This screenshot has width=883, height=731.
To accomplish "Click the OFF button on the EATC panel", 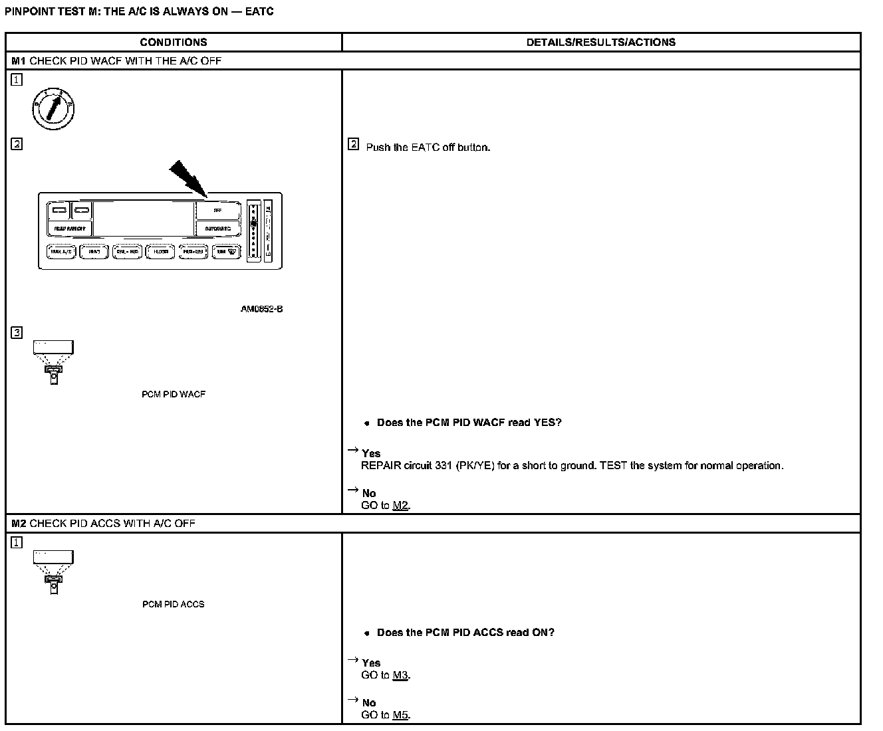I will click(217, 211).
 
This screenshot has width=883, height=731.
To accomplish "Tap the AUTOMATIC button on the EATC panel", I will click(217, 229).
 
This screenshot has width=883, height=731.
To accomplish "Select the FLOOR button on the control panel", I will click(160, 252).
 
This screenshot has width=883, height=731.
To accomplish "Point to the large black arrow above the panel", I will click(188, 178).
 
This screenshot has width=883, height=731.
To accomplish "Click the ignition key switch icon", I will click(53, 108).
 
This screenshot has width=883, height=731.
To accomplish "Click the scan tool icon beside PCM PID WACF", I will click(53, 362).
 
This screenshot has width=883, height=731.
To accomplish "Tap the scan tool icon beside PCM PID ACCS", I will click(53, 572).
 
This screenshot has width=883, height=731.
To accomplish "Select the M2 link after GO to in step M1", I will click(400, 505).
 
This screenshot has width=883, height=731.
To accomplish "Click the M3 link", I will click(400, 675).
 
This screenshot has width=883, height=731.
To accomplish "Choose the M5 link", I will click(400, 715).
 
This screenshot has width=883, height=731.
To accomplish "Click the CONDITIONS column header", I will click(174, 43).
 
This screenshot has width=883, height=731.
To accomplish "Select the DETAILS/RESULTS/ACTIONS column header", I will click(600, 43).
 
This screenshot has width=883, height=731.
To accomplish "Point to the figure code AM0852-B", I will click(261, 309).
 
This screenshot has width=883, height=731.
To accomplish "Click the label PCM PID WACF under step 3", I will click(174, 394).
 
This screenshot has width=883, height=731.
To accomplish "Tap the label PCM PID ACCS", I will click(174, 604).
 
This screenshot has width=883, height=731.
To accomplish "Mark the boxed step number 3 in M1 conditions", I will click(17, 332).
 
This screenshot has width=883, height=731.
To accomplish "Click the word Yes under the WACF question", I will click(371, 453).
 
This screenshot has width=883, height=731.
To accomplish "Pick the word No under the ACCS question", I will click(369, 702).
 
